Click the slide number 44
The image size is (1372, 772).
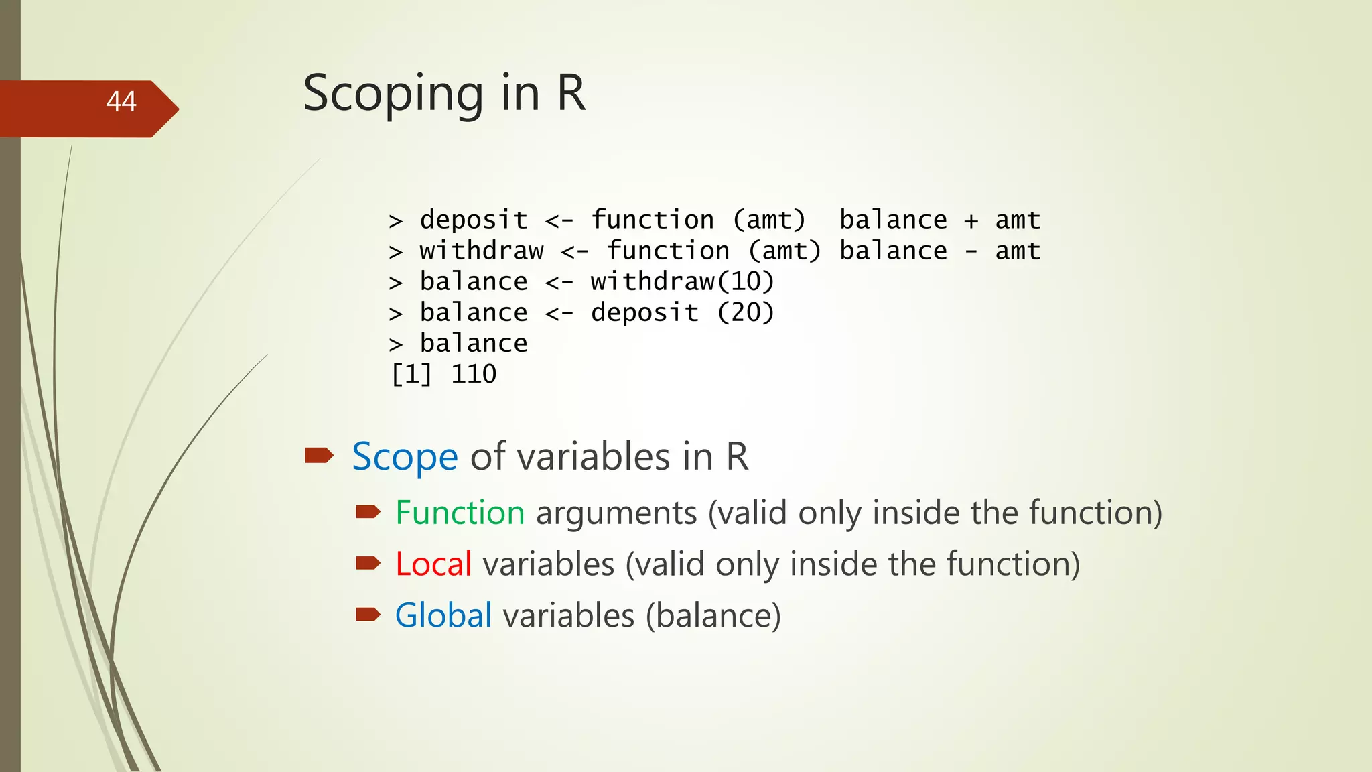[x=121, y=102]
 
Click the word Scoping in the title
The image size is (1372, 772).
[x=393, y=94]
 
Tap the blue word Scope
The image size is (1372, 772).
[x=405, y=458]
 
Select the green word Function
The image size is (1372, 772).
[x=460, y=513]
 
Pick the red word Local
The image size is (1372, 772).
[x=433, y=564]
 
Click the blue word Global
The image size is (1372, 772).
[x=443, y=615]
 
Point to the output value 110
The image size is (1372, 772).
[x=474, y=374]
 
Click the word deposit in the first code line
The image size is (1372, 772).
[x=474, y=220]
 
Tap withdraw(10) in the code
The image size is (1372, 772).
[x=682, y=281]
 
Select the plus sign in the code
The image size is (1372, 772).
[x=971, y=220]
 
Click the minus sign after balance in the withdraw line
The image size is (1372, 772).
[x=971, y=251]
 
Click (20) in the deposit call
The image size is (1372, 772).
[x=745, y=312]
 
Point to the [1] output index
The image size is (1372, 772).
[x=411, y=374]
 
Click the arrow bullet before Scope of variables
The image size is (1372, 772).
[x=319, y=456]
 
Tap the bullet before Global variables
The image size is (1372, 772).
[x=368, y=615]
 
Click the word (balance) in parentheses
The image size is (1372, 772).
[x=713, y=615]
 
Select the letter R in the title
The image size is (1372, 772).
[x=571, y=94]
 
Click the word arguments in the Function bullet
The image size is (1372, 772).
[x=616, y=513]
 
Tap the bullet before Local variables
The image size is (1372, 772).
[x=368, y=563]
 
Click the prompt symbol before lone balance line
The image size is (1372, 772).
[x=396, y=344]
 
